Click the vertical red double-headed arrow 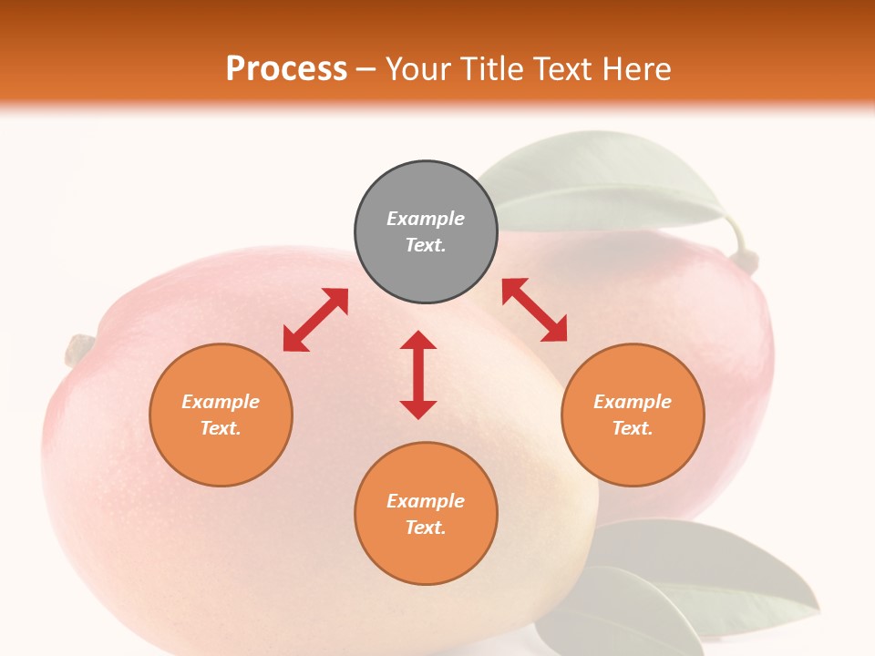pyautogui.click(x=418, y=374)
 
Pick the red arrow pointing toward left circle pyautogui.click(x=315, y=320)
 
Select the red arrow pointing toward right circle pyautogui.click(x=535, y=310)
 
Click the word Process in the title pyautogui.click(x=286, y=69)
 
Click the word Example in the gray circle pyautogui.click(x=426, y=219)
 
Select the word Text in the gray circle pyautogui.click(x=425, y=245)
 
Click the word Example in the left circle pyautogui.click(x=221, y=402)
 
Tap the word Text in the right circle pyautogui.click(x=632, y=428)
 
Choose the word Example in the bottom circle pyautogui.click(x=426, y=501)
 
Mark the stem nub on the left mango pyautogui.click(x=79, y=349)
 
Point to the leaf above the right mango pyautogui.click(x=602, y=182)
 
